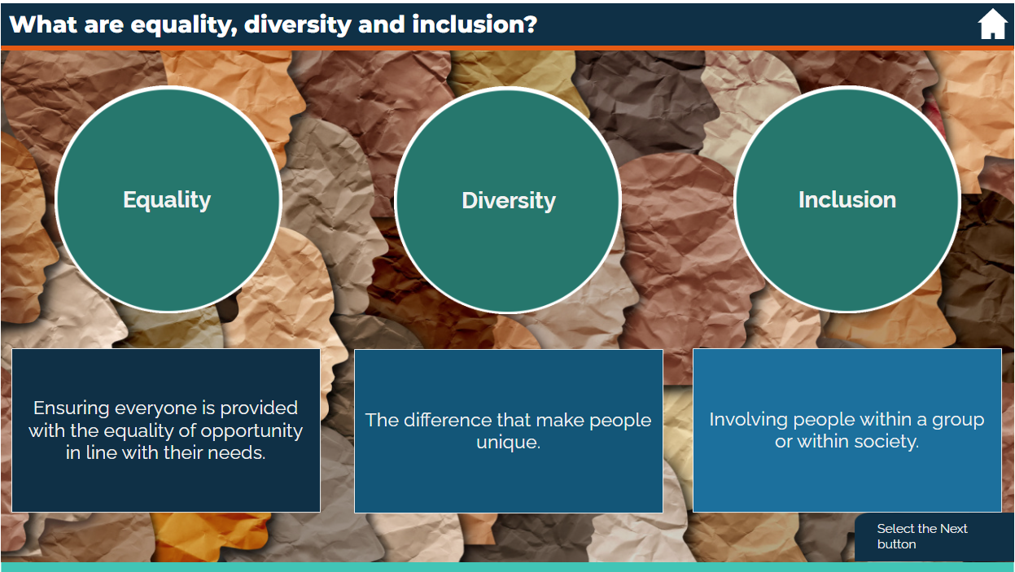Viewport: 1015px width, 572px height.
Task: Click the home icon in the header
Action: [992, 24]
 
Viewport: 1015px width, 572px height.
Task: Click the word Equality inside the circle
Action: [167, 199]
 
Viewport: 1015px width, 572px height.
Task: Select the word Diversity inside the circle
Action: [509, 200]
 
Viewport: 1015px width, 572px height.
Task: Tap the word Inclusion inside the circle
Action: [847, 199]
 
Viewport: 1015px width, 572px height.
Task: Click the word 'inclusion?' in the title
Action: [475, 24]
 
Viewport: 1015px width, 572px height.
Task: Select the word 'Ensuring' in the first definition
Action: [71, 408]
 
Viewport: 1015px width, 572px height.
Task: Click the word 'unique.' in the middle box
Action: [508, 443]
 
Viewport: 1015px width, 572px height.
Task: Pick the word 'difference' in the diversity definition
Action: [443, 420]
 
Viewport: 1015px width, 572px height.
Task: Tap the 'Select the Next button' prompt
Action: [921, 536]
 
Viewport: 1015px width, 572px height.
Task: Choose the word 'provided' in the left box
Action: [259, 408]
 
